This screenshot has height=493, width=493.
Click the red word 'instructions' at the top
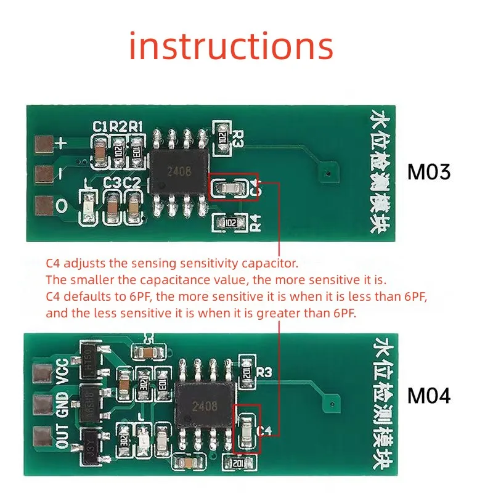pyautogui.click(x=231, y=47)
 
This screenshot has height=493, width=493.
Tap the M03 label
pyautogui.click(x=429, y=172)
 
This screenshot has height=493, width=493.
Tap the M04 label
pyautogui.click(x=429, y=396)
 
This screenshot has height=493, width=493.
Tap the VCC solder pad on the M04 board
pyautogui.click(x=43, y=373)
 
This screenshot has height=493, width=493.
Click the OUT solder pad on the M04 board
pyautogui.click(x=43, y=435)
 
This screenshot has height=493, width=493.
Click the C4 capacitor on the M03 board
pyautogui.click(x=230, y=188)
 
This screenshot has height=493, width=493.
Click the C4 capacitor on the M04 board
pyautogui.click(x=246, y=427)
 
